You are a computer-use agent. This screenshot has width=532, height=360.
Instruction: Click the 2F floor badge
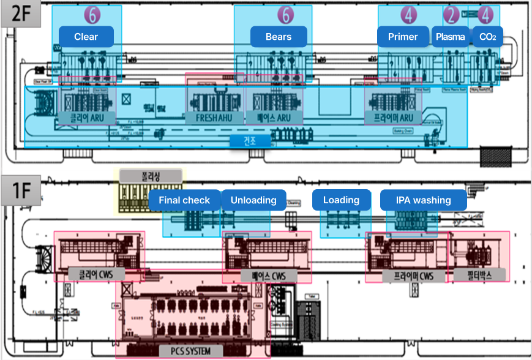click(x=21, y=14)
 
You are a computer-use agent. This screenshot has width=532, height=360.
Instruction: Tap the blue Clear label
click(x=86, y=37)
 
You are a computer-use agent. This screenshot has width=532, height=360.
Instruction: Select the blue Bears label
click(x=279, y=37)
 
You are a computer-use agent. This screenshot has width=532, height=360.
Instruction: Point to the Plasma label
click(x=450, y=37)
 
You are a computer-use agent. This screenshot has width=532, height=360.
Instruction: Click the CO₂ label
click(x=487, y=37)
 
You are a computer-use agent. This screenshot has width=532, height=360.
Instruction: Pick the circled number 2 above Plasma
click(x=451, y=14)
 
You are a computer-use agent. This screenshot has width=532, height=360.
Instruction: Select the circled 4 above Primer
click(x=410, y=14)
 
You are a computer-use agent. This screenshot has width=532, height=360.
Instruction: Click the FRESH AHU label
click(x=214, y=118)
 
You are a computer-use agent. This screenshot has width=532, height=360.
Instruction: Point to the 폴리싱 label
click(x=151, y=176)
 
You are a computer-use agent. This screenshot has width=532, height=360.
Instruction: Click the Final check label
click(x=184, y=200)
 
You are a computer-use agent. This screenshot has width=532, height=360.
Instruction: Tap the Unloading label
click(x=253, y=200)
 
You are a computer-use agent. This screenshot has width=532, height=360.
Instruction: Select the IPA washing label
click(x=423, y=200)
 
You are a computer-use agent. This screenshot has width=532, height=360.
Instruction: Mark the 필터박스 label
click(x=479, y=275)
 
